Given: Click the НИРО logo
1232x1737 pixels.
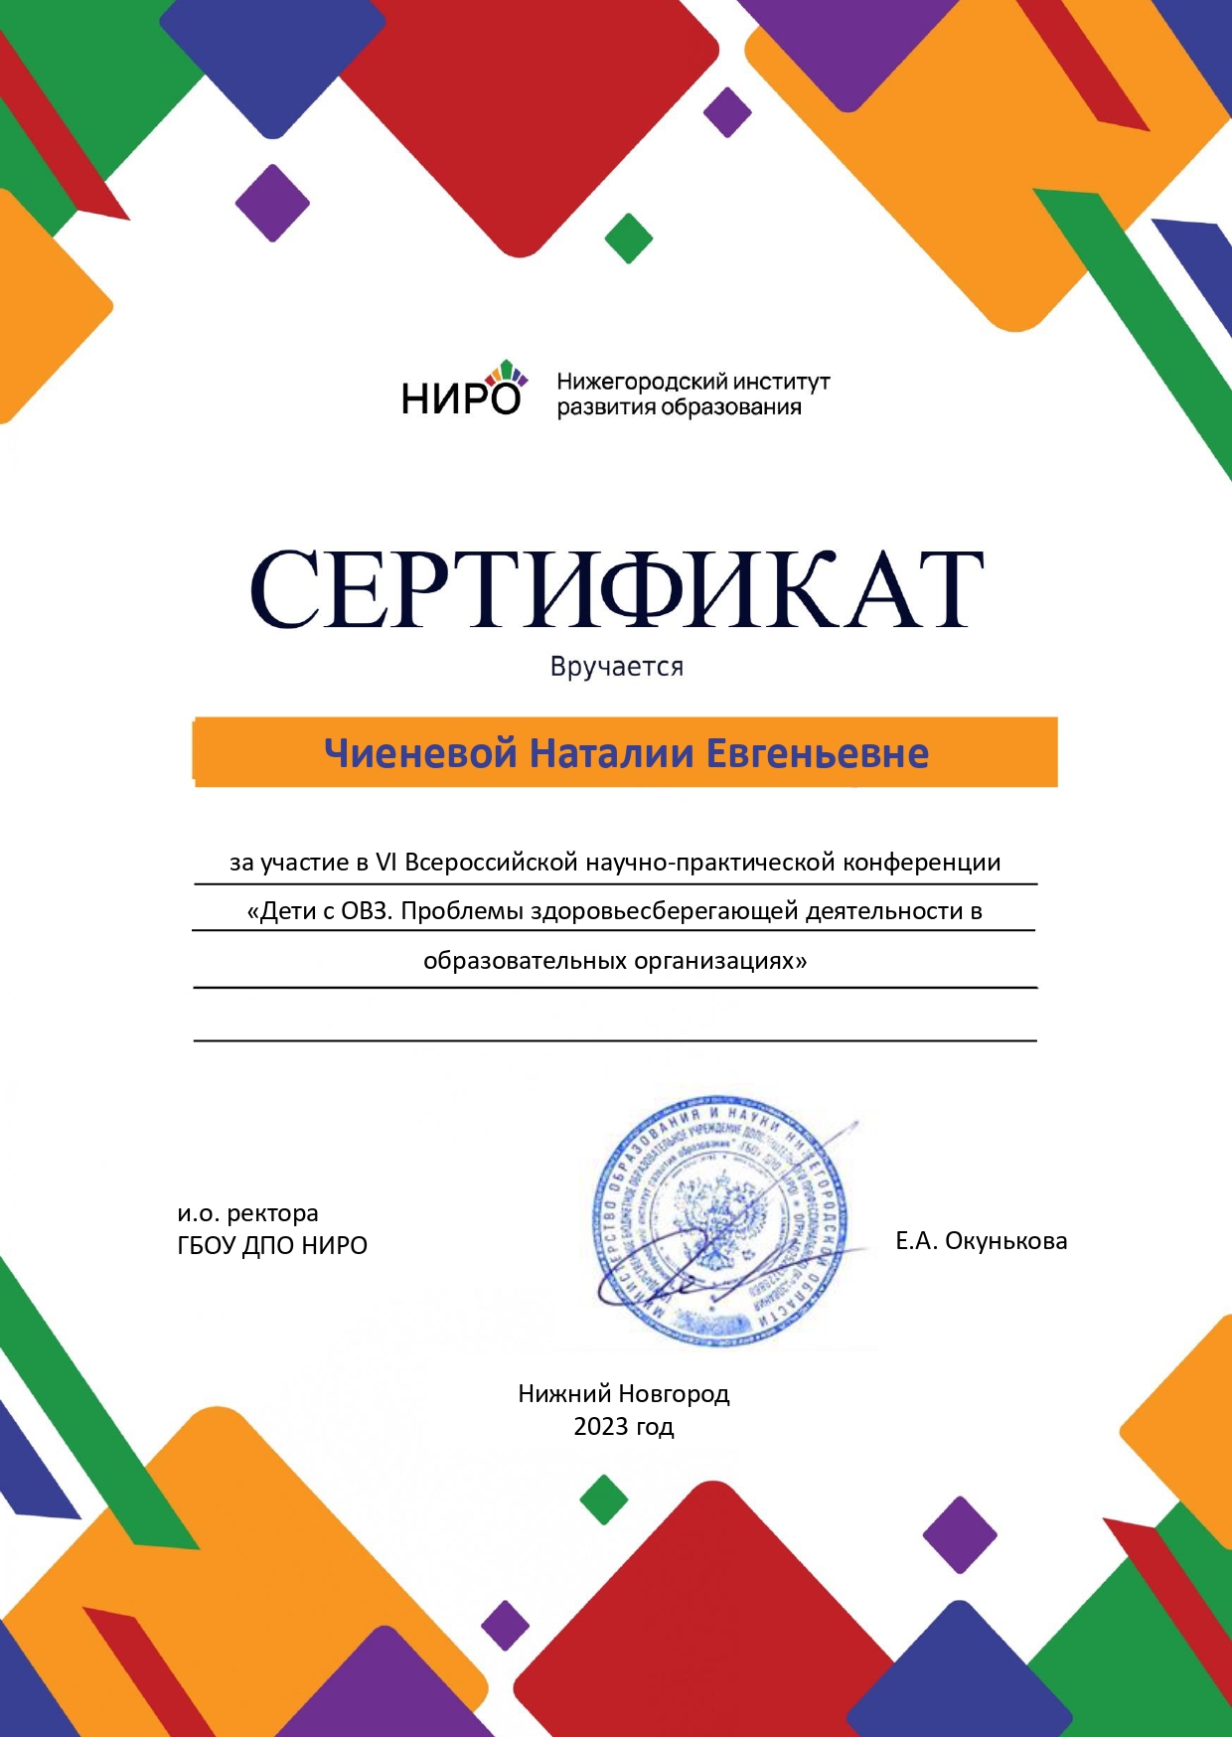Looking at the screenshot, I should pos(463,391).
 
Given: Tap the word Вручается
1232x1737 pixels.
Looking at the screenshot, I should pos(617,666).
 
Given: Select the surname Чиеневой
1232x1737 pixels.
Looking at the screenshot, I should pos(420,753).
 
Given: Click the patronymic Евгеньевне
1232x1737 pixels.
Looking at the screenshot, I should pos(818,753).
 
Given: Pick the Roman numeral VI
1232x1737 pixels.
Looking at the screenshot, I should pos(385,862).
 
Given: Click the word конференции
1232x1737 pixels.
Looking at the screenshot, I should pos(922,862).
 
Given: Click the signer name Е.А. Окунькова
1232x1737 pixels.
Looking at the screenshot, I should pos(982,1240).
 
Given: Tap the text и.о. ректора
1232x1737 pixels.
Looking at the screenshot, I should pos(248,1213).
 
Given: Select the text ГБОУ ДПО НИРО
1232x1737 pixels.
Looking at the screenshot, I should pos(272,1245).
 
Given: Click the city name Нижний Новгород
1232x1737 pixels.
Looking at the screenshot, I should pos(624,1393).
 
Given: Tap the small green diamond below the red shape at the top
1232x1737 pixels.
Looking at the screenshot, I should pos(629,238).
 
